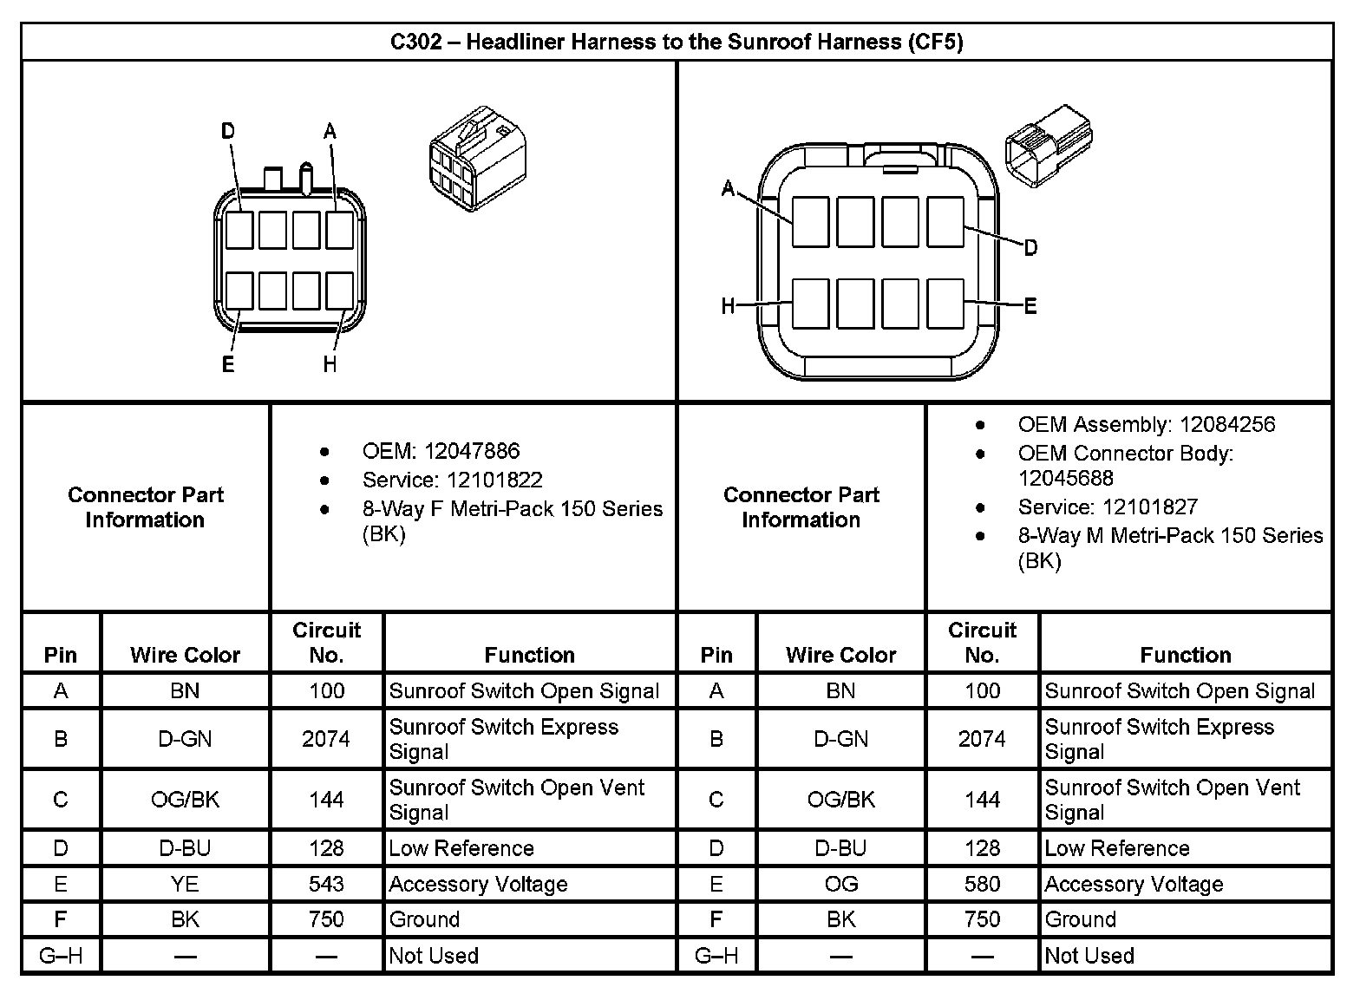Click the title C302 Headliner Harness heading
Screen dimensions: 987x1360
[x=677, y=42]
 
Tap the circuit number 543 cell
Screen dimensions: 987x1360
[x=326, y=884]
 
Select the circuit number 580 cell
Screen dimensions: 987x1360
[x=982, y=884]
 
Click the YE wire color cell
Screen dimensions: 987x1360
[x=185, y=884]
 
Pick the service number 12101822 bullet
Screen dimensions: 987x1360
[x=452, y=480]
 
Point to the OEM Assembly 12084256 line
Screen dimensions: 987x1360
[x=1146, y=424]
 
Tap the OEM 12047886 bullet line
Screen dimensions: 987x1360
[x=441, y=451]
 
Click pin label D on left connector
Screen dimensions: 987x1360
[x=227, y=131]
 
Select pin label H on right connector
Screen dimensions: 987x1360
[x=729, y=305]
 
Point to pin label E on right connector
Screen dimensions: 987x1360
[x=1030, y=305]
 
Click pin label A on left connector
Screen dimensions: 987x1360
[x=330, y=131]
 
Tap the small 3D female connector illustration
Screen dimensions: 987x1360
[x=477, y=160]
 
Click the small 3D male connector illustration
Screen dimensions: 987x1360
[x=1048, y=145]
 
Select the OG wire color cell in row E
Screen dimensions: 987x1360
[x=840, y=884]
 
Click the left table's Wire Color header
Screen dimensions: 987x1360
[x=185, y=655]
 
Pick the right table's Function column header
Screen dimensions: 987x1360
[x=1185, y=655]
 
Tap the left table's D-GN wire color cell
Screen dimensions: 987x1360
[x=185, y=739]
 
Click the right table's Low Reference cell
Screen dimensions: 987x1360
[x=1117, y=848]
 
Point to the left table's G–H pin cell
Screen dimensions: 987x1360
[x=61, y=956]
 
